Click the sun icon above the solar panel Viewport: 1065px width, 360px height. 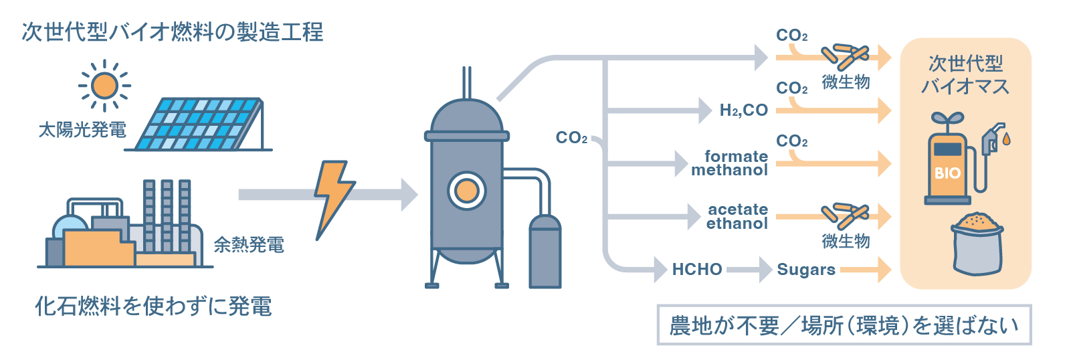click(104, 86)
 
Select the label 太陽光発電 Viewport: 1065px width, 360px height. click(82, 130)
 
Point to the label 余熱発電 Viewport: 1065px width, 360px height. click(249, 246)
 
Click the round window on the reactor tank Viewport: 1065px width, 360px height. click(466, 191)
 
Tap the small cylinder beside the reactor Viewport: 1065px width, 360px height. click(545, 252)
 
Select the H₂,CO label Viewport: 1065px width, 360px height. click(743, 110)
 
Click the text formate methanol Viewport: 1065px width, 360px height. click(731, 163)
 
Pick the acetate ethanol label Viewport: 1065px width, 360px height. click(737, 217)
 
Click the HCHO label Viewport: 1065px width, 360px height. click(697, 270)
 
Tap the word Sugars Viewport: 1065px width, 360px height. click(806, 270)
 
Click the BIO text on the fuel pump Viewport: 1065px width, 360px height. click(947, 173)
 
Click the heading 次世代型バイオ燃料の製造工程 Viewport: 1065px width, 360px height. click(173, 32)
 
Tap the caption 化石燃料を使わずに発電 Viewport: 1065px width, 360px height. click(153, 306)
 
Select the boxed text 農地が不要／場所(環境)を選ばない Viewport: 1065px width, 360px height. click(844, 325)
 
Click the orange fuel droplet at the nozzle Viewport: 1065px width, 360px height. click(1007, 139)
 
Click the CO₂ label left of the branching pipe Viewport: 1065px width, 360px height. click(571, 138)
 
